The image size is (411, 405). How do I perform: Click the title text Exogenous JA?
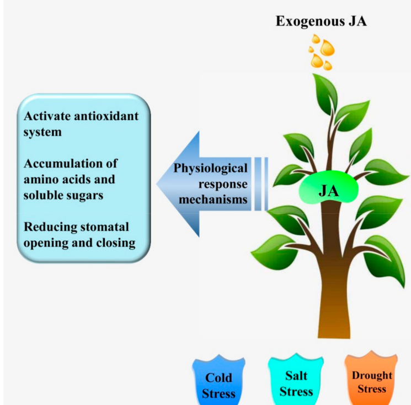point(322,23)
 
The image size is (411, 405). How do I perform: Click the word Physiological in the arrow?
point(211,168)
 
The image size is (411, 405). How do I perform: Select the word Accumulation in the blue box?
point(60,164)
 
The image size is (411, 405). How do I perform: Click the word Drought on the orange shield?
point(372,375)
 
